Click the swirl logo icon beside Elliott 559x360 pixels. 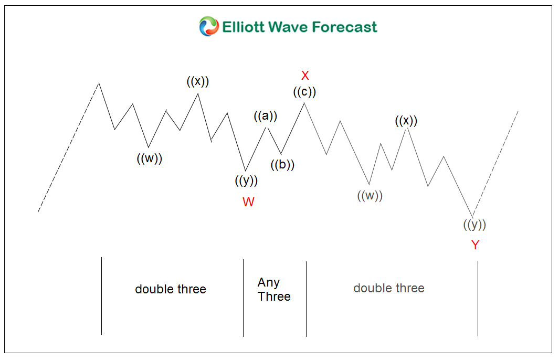209,26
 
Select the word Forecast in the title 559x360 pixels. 345,27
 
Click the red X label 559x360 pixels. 305,76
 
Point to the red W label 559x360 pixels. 248,202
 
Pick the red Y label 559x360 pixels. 475,245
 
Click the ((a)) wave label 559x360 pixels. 266,116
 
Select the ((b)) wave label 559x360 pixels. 282,165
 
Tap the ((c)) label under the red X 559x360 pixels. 304,92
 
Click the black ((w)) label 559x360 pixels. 150,158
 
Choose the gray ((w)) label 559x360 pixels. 370,196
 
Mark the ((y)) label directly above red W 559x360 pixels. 246,181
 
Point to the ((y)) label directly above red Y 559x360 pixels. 474,225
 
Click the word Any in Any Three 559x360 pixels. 268,283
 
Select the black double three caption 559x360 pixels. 171,289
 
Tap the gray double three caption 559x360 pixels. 389,288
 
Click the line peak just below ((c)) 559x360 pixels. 304,103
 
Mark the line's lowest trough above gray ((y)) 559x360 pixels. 473,216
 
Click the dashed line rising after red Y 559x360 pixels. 495,164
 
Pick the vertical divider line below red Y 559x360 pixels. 478,299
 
